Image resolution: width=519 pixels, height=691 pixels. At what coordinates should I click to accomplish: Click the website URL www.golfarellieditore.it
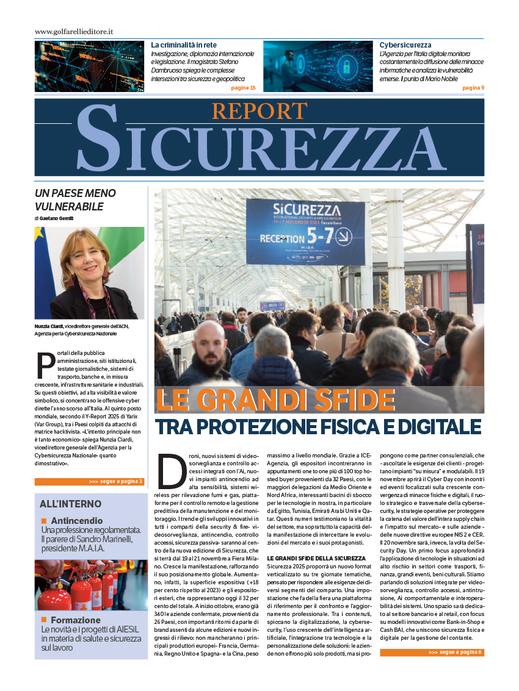pyautogui.click(x=74, y=31)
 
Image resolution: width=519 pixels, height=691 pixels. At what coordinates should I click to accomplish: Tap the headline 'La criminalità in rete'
pyautogui.click(x=184, y=45)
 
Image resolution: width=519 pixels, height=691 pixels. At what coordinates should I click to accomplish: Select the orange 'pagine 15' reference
pyautogui.click(x=243, y=88)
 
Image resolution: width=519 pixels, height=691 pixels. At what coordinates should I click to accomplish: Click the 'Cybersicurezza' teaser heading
pyautogui.click(x=405, y=45)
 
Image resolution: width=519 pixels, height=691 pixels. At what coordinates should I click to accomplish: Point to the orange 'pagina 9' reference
pyautogui.click(x=473, y=88)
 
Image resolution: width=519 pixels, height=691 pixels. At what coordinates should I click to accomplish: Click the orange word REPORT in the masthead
pyautogui.click(x=259, y=111)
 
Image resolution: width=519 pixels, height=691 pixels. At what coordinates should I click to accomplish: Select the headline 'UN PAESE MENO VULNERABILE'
pyautogui.click(x=69, y=200)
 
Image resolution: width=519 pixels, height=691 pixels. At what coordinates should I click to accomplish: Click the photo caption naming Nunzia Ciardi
pyautogui.click(x=81, y=330)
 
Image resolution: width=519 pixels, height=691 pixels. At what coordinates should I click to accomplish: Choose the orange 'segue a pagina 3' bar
pyautogui.click(x=89, y=481)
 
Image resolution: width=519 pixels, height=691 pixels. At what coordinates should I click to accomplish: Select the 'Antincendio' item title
pyautogui.click(x=76, y=521)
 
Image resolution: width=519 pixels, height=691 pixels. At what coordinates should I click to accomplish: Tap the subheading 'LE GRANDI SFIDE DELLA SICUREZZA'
pyautogui.click(x=316, y=558)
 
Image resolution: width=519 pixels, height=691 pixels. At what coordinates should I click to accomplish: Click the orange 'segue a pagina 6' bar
pyautogui.click(x=432, y=652)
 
